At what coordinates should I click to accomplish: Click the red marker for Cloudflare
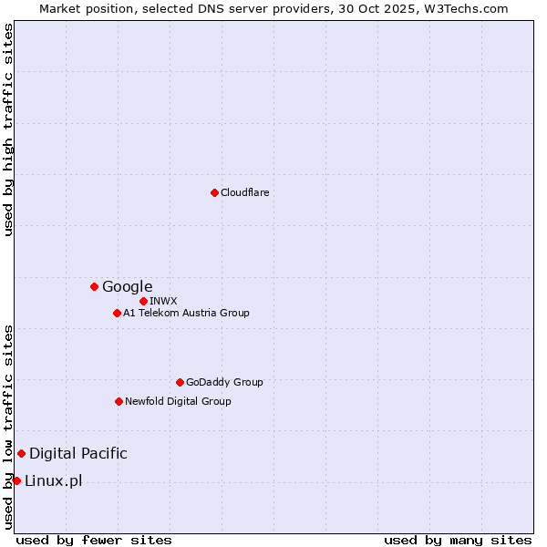coord(214,192)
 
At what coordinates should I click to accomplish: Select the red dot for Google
coord(94,286)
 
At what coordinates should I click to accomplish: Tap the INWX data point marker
coord(143,301)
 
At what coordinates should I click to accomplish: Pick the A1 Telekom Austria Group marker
coord(117,313)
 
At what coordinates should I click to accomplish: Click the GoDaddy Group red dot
coord(180,382)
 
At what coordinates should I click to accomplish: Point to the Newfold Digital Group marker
coord(119,401)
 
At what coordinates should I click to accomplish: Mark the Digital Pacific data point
coord(21,453)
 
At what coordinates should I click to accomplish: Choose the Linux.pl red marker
coord(16,480)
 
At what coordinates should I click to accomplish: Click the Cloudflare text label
coord(244,192)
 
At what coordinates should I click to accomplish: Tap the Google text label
coord(127,286)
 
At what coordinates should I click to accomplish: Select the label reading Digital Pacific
coord(78,453)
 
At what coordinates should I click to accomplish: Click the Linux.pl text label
coord(53,480)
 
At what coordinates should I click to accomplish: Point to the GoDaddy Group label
coord(224,382)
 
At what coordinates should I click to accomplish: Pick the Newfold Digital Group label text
coord(178,401)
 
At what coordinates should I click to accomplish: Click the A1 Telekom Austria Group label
coord(186,313)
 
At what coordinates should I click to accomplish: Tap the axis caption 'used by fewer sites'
coord(94,540)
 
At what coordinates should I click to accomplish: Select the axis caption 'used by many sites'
coord(458,540)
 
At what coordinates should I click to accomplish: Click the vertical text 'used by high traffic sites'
coord(8,129)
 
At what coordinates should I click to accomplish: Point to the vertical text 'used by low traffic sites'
coord(8,426)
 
